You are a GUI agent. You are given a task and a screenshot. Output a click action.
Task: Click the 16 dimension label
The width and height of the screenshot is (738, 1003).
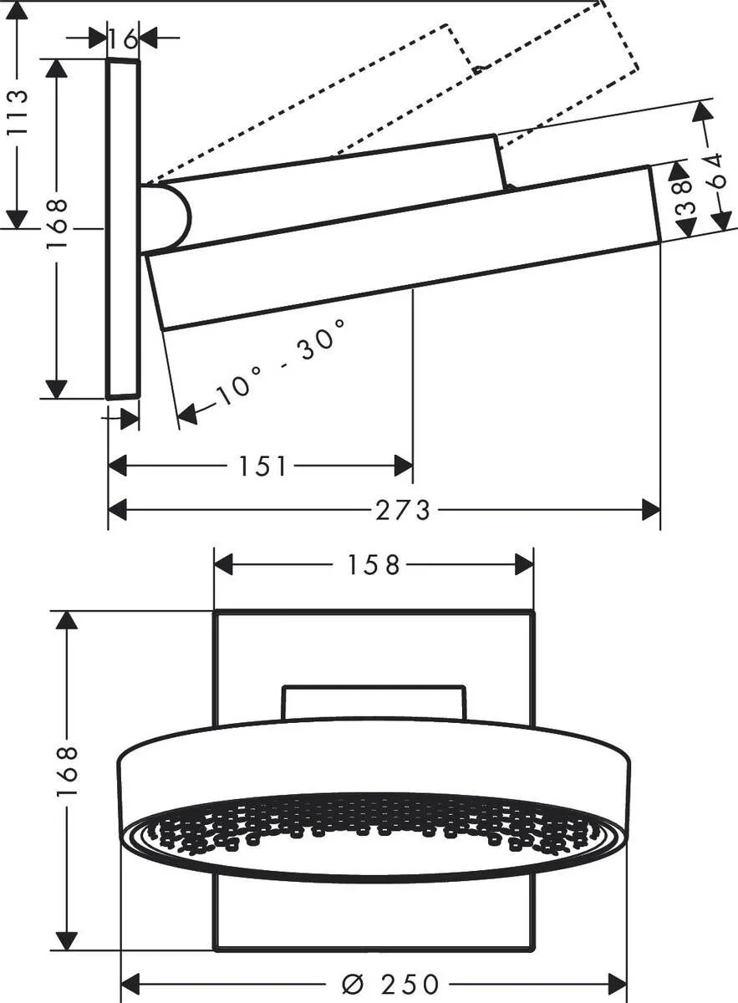tap(123, 38)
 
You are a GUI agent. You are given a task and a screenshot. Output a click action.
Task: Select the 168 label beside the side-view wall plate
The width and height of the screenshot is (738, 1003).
tap(57, 227)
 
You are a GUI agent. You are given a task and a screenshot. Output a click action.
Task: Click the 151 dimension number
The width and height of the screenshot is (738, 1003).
tap(263, 466)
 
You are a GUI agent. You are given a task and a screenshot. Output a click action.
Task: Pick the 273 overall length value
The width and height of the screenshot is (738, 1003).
tap(402, 509)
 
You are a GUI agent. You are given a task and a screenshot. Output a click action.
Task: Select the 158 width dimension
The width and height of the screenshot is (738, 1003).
tap(374, 565)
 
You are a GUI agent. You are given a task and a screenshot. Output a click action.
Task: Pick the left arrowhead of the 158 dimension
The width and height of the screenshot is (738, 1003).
tap(224, 565)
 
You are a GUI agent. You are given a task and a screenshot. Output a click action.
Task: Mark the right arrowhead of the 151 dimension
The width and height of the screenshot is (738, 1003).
tap(403, 466)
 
